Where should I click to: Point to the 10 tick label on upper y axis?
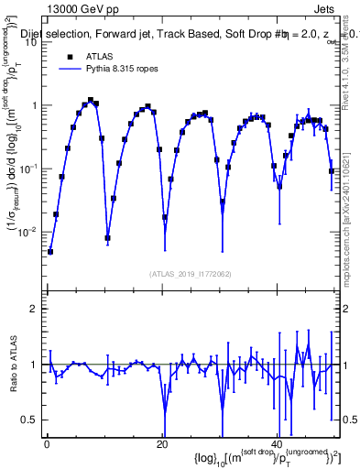(32, 41)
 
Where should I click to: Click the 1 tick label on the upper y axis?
(35, 104)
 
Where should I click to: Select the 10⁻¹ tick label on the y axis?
(30, 168)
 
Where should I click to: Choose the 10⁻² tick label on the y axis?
(30, 231)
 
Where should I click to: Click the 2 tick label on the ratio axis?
(35, 309)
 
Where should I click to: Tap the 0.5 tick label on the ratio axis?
(31, 420)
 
